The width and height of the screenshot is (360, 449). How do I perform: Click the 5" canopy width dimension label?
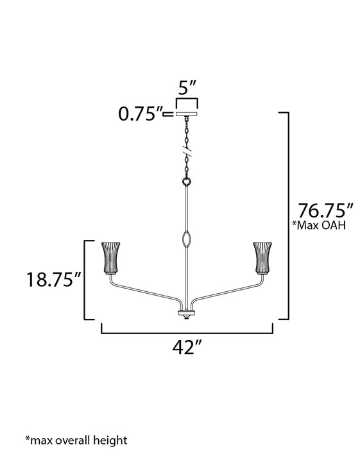pyautogui.click(x=187, y=85)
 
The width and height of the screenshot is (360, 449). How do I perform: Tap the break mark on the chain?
pyautogui.click(x=187, y=155)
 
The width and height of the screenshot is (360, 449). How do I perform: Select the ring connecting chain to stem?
pyautogui.click(x=187, y=182)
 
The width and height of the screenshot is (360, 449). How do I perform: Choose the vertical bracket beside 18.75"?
pyautogui.click(x=87, y=279)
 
